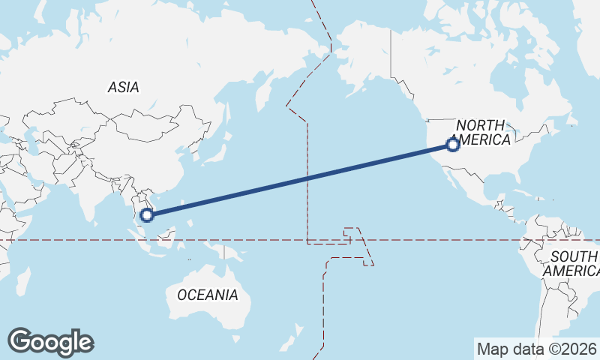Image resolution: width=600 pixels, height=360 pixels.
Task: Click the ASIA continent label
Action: click(x=123, y=87)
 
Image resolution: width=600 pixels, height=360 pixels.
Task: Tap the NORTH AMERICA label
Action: click(x=483, y=132)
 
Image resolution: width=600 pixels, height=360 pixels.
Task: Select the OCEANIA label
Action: click(x=208, y=295)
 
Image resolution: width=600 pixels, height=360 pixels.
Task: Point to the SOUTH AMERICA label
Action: click(x=573, y=263)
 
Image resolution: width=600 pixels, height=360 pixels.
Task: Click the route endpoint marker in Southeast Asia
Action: click(x=147, y=214)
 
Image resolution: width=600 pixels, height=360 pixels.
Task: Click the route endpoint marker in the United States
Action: click(x=452, y=145)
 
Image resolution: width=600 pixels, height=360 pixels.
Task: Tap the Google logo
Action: click(x=50, y=342)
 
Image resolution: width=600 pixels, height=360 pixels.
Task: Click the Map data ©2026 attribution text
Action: click(x=536, y=349)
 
